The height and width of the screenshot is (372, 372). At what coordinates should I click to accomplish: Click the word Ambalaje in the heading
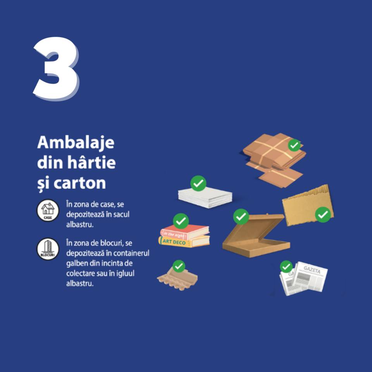tap(76, 143)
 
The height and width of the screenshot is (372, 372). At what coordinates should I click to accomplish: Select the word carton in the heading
tap(80, 183)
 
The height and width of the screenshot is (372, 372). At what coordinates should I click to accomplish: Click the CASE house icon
tap(48, 210)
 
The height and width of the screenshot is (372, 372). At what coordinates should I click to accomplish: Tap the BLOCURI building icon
tap(48, 249)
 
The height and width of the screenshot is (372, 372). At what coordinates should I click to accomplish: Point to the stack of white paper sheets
tap(205, 197)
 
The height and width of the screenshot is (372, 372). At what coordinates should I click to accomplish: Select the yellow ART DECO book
tap(184, 241)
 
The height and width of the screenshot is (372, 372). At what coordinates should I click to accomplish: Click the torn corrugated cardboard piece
tap(308, 205)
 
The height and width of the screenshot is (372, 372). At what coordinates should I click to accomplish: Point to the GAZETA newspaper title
tap(312, 270)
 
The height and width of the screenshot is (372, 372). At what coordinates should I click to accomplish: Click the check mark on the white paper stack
tap(198, 183)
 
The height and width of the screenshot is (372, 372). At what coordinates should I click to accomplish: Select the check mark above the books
tap(181, 221)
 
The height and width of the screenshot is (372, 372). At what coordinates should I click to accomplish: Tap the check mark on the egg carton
tap(179, 266)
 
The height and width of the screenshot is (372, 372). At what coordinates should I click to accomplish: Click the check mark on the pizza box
tap(241, 217)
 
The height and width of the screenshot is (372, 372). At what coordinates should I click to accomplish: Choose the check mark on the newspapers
tap(286, 267)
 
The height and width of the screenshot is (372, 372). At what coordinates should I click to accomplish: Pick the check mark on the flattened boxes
tap(294, 145)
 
